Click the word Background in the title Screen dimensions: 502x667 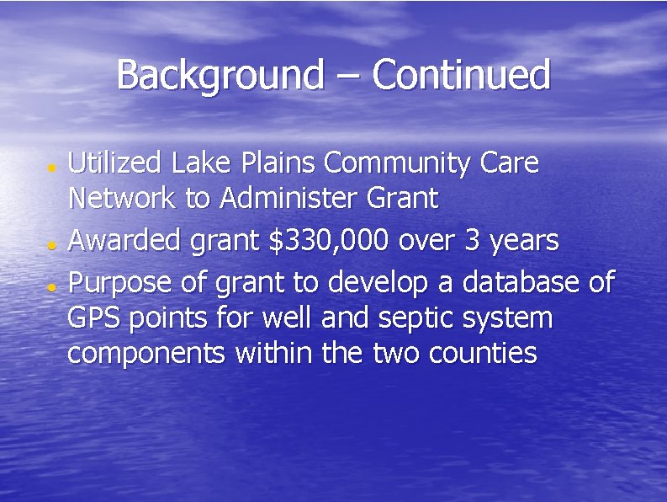coord(219,76)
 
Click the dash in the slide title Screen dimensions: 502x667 coord(347,77)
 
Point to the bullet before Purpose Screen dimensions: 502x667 coord(51,286)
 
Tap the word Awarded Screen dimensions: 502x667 coord(122,241)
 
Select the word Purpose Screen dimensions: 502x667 coord(122,282)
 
